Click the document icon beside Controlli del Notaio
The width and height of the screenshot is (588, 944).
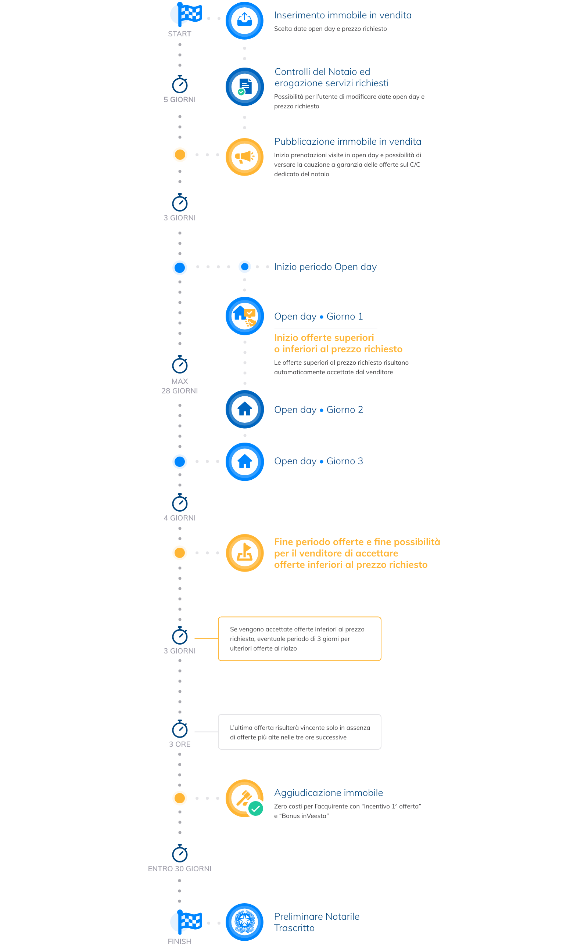245,87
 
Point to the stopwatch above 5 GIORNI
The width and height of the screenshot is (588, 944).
180,84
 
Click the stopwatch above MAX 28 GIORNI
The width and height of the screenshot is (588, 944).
180,364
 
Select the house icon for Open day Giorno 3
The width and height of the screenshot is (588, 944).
245,462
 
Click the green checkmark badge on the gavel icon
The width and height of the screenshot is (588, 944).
255,809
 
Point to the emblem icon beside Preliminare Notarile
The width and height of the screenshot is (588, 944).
245,922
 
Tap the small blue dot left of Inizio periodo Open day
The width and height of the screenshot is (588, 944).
245,267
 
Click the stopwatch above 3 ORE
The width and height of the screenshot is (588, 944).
180,729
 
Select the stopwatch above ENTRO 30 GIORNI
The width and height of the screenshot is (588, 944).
180,853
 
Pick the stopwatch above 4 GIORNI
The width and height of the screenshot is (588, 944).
180,502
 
